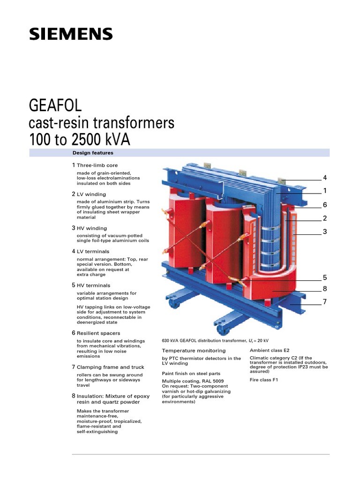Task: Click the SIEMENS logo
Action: coord(71,34)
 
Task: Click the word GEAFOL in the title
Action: coord(55,105)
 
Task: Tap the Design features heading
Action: coord(93,153)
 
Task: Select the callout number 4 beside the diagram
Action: coord(324,178)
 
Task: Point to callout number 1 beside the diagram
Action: coord(324,191)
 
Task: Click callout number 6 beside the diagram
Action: coord(324,205)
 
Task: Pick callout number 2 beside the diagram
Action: coord(324,218)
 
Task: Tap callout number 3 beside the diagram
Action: coord(324,232)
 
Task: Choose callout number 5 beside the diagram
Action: coord(324,277)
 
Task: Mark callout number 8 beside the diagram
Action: coord(324,289)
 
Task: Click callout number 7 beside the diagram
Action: coord(324,302)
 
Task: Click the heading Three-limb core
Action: coord(97,165)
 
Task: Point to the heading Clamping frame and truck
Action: coord(106,367)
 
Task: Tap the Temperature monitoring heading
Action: coord(194,351)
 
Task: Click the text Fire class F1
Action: coord(264,380)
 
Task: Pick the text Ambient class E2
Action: coord(270,350)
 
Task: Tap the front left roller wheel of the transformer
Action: coord(175,305)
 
